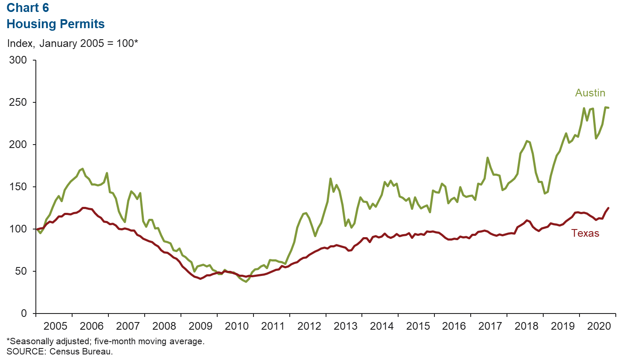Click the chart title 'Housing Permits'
pos(55,24)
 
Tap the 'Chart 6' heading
pos(28,8)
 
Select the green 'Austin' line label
pos(590,93)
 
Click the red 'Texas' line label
pos(585,233)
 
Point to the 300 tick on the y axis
pos(18,60)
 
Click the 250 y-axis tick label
pos(18,102)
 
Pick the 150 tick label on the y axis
pos(18,187)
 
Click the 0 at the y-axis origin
pos(23,314)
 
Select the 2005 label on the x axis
pos(55,326)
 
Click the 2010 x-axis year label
pos(236,326)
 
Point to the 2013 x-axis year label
pos(345,326)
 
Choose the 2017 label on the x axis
pos(490,326)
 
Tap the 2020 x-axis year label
pos(599,326)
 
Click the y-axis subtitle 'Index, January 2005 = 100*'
pos(73,44)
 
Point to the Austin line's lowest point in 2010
pos(246,282)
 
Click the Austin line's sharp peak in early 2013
pos(331,179)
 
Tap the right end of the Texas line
pos(608,208)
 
